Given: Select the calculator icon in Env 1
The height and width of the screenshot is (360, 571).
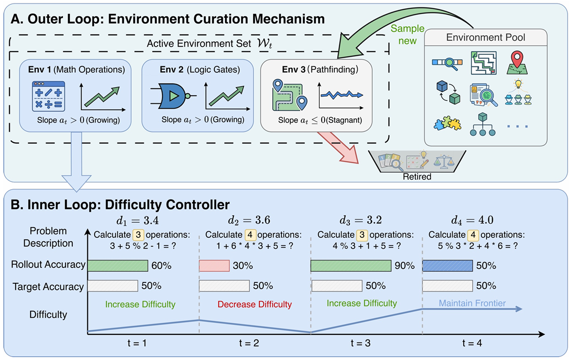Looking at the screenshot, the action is tap(49, 96).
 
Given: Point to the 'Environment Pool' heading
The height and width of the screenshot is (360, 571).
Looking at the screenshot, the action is tap(486, 37).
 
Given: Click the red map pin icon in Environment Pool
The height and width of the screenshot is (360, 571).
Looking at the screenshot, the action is tap(517, 63).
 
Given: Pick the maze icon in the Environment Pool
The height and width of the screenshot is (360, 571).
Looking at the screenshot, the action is tap(483, 63).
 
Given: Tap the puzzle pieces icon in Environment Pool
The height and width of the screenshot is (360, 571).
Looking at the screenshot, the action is tap(447, 124).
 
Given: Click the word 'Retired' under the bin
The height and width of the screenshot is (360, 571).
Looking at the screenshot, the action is tap(417, 177).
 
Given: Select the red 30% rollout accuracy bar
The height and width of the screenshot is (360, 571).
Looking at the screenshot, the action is tap(214, 265).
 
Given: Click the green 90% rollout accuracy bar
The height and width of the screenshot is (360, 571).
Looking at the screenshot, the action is tap(351, 265).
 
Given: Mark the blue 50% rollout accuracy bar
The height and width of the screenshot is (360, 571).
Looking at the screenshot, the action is tap(448, 265).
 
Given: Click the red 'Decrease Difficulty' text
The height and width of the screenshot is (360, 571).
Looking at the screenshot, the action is tap(255, 304).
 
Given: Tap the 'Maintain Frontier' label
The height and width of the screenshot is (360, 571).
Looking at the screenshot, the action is tap(472, 303).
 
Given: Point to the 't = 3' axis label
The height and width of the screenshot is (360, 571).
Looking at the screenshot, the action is tap(360, 343).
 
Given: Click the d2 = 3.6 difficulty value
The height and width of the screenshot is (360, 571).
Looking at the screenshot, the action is tap(249, 220).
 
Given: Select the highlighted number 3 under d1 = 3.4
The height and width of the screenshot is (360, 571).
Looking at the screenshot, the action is tap(138, 235).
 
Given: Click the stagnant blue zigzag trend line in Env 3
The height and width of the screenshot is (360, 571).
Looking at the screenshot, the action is tap(342, 95).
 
